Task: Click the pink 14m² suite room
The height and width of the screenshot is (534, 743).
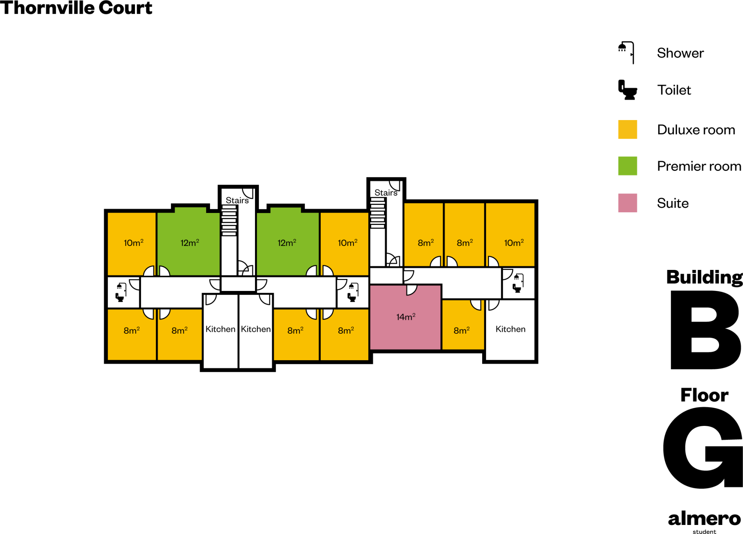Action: click(405, 317)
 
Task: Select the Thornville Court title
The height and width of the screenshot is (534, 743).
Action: click(76, 8)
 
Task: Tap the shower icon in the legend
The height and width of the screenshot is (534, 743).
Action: click(626, 53)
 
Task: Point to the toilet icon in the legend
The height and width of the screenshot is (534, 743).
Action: click(628, 90)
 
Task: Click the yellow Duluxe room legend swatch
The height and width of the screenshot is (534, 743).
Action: click(628, 130)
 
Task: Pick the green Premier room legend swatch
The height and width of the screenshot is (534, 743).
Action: click(628, 166)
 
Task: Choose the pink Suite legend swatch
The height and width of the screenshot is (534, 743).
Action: click(628, 203)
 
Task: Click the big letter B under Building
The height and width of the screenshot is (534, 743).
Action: click(705, 330)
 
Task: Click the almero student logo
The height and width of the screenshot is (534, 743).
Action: click(705, 522)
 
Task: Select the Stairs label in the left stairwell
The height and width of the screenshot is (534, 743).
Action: click(237, 200)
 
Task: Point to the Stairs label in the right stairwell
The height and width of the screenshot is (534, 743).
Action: click(386, 193)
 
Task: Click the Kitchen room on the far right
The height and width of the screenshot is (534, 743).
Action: click(510, 330)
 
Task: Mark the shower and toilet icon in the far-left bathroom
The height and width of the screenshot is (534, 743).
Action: click(121, 292)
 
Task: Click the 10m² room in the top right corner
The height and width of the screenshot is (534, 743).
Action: click(510, 235)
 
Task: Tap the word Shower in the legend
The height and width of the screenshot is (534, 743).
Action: click(680, 53)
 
